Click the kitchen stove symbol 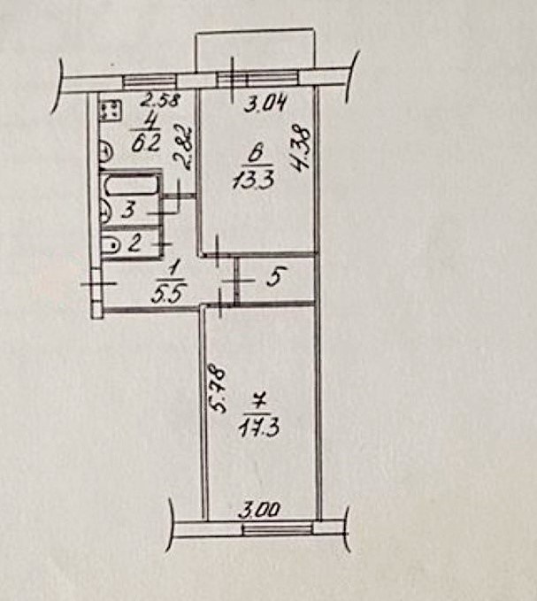pos(111,111)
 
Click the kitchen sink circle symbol pos(104,154)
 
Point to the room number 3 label pos(128,212)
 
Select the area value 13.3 pos(249,182)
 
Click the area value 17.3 pos(256,431)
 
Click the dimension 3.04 pos(264,107)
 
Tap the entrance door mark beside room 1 pos(97,285)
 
